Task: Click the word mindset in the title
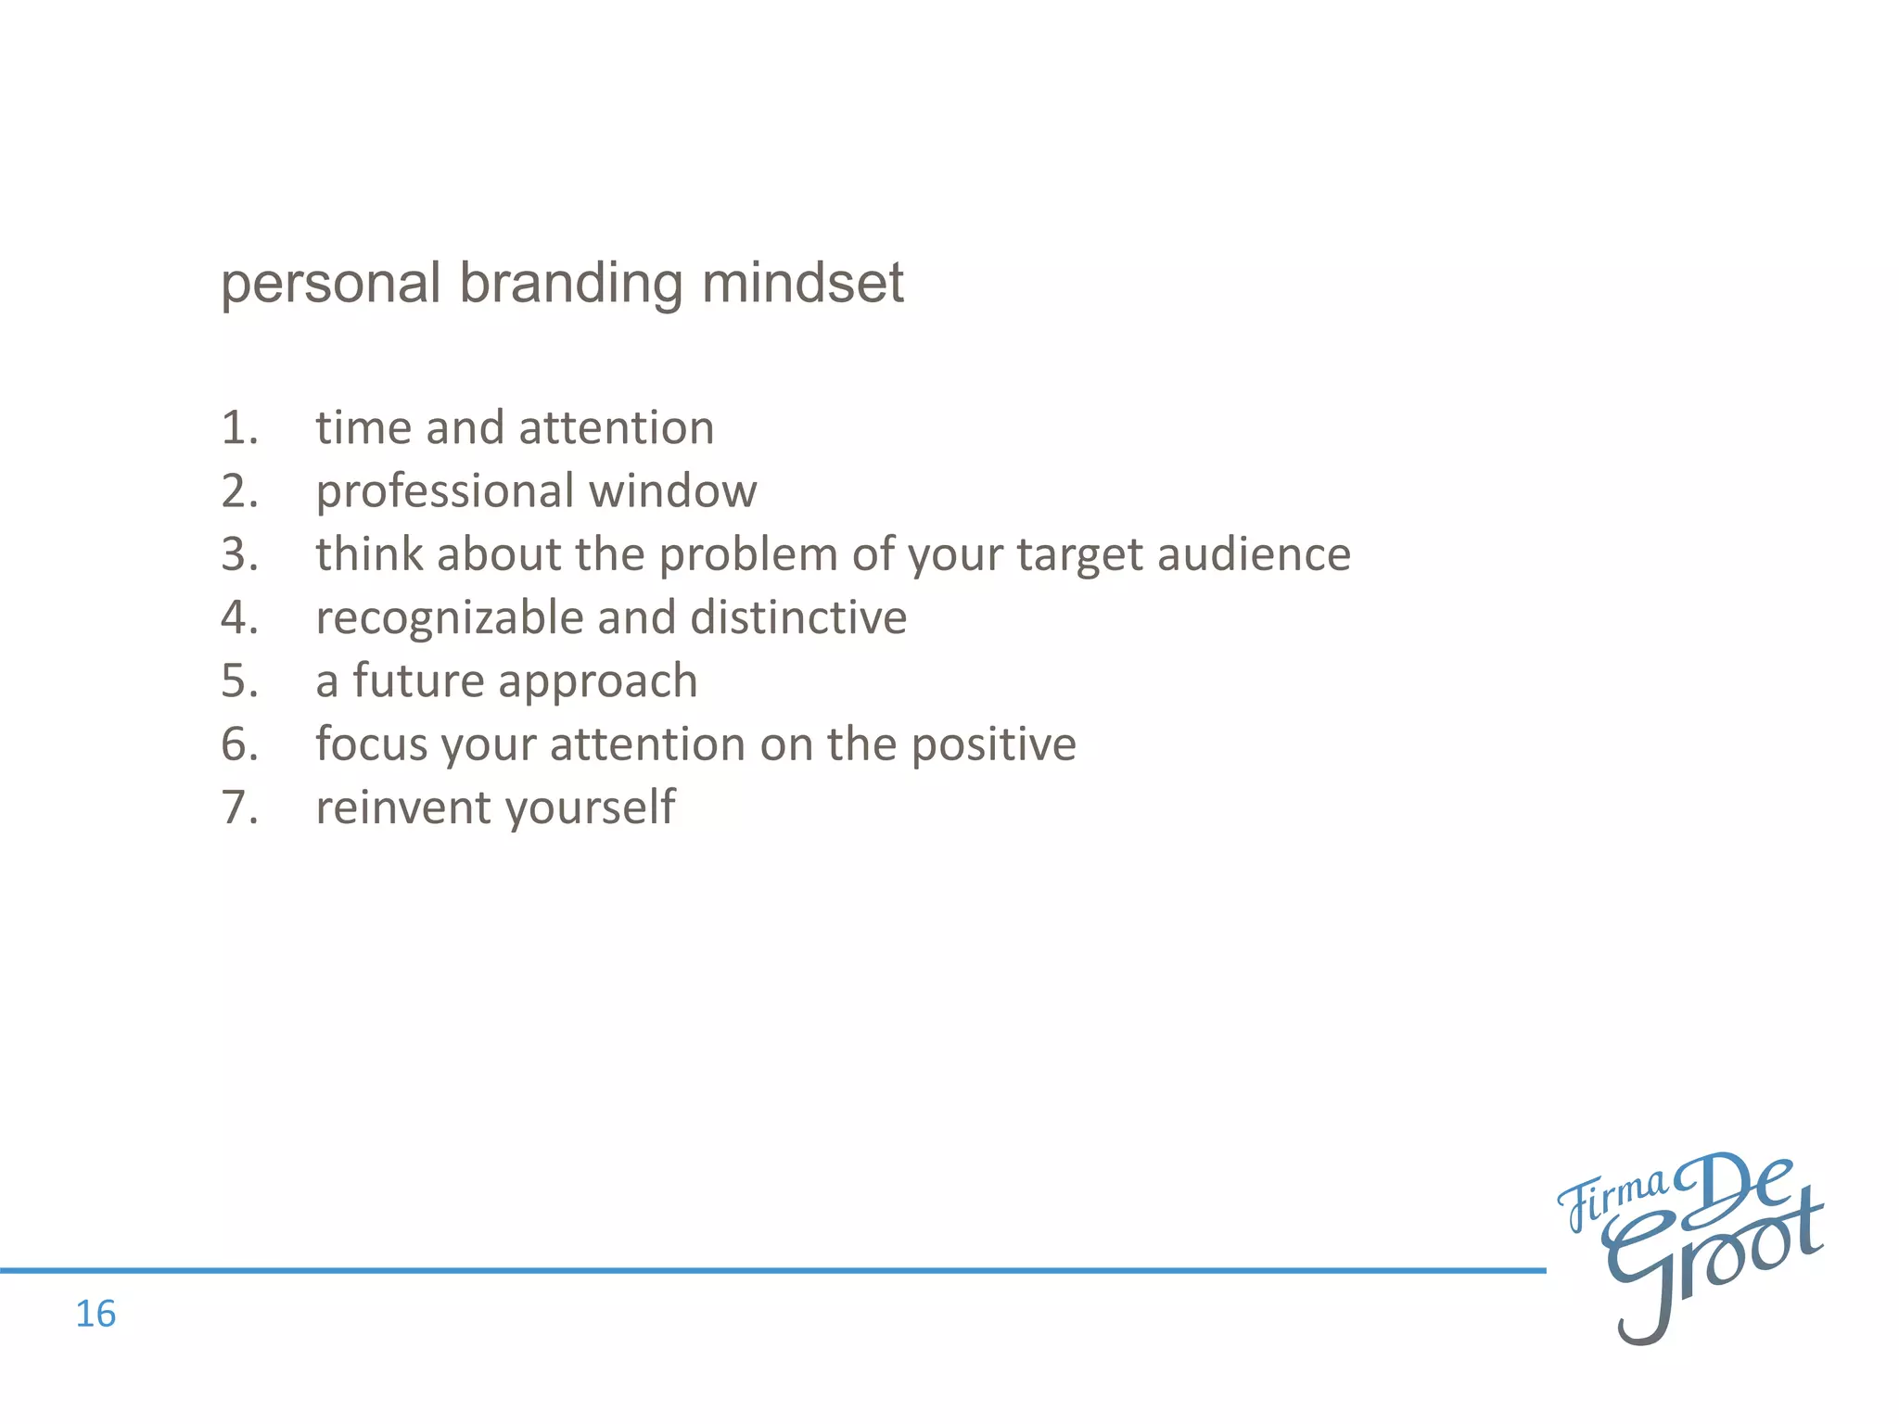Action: [x=802, y=283]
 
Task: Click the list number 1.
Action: [x=238, y=428]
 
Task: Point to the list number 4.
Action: [x=238, y=617]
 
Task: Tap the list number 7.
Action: [x=238, y=807]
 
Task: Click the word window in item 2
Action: [x=673, y=491]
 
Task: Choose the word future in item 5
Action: [x=418, y=681]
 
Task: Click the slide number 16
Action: [x=96, y=1314]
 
